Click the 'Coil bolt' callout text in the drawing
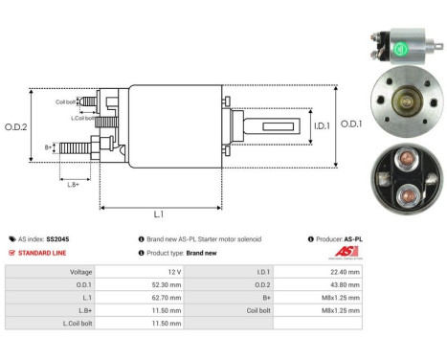(66, 101)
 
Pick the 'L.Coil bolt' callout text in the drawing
(84, 117)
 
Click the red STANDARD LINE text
(44, 253)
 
